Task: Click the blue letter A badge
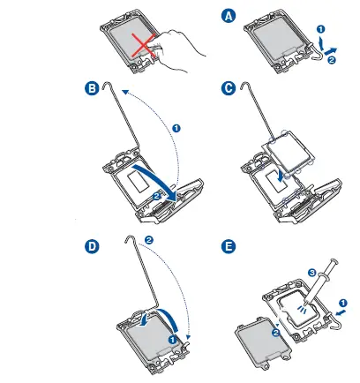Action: coord(229,15)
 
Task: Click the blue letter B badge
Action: coord(92,88)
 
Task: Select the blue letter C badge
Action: coord(229,88)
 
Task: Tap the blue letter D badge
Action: coord(92,246)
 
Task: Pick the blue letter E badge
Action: coord(229,246)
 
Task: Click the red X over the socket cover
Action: coord(144,45)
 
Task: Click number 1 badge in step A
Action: coord(321,29)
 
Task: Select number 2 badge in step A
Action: coord(332,60)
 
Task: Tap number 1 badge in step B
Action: coord(176,128)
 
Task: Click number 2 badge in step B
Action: coord(156,196)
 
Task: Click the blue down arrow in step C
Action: coord(281,176)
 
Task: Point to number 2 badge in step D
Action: coord(149,240)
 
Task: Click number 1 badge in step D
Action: coord(172,340)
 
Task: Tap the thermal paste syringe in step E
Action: coord(320,281)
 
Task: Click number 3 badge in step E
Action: coord(312,273)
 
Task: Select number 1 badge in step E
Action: coord(343,303)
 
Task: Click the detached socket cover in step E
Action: coord(263,342)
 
